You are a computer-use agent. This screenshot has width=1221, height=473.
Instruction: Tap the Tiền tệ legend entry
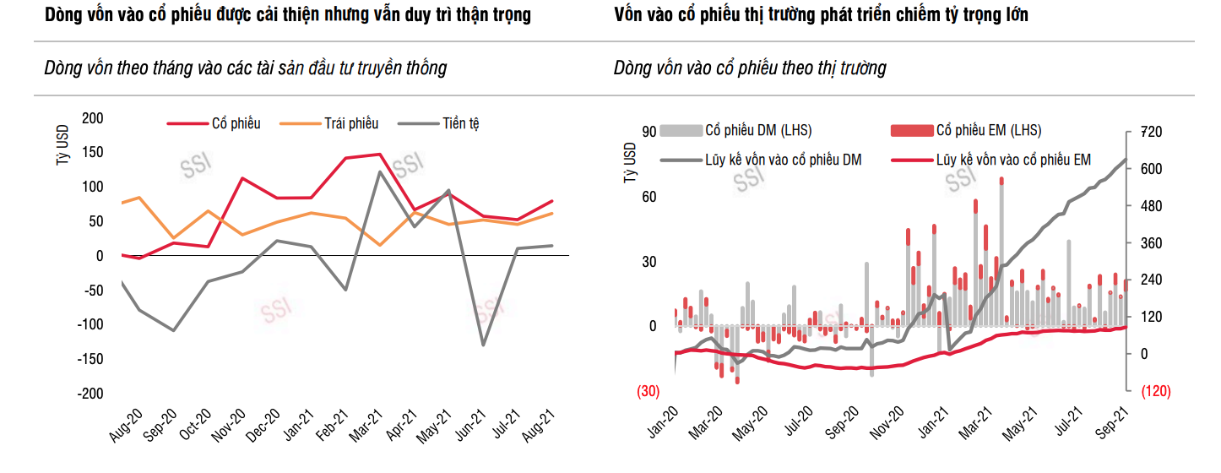pyautogui.click(x=460, y=124)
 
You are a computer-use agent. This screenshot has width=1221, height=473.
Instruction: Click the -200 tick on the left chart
pyautogui.click(x=91, y=394)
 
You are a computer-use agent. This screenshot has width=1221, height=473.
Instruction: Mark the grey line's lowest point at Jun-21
pyautogui.click(x=484, y=345)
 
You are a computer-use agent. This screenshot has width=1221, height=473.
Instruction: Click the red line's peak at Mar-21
pyautogui.click(x=379, y=154)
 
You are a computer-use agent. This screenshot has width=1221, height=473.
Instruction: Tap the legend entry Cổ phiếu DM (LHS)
pyautogui.click(x=758, y=131)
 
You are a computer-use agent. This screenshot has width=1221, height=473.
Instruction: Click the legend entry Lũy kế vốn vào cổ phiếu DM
pyautogui.click(x=783, y=159)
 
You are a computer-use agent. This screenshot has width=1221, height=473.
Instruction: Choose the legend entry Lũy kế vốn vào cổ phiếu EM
pyautogui.click(x=1013, y=159)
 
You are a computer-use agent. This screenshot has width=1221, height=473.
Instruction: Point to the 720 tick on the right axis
pyautogui.click(x=1152, y=132)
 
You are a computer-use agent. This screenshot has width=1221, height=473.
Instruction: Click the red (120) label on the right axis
pyautogui.click(x=1154, y=392)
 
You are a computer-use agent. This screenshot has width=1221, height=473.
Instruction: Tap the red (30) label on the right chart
pyautogui.click(x=648, y=392)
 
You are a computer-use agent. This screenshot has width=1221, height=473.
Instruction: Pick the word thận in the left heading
pyautogui.click(x=450, y=15)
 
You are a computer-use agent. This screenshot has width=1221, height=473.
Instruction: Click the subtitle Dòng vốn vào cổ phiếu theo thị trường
pyautogui.click(x=750, y=68)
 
